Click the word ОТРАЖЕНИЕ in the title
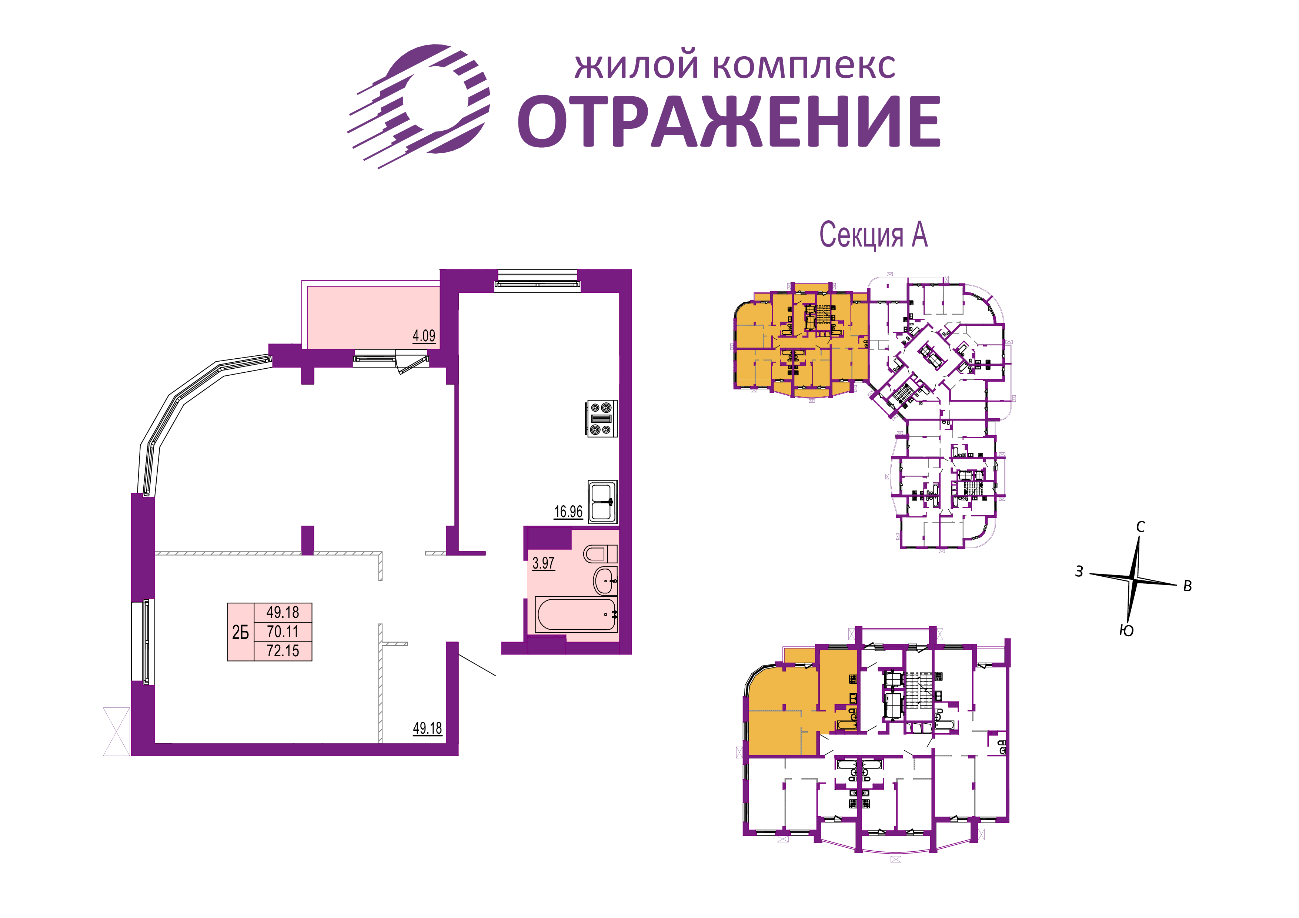pos(729,122)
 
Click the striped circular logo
pos(419,106)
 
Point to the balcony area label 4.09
pos(424,336)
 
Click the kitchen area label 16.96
pos(568,512)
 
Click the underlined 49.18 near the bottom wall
pos(427,728)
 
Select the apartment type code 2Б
pos(240,632)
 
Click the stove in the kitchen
pos(601,419)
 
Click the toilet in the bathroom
pos(600,554)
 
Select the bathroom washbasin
pos(605,581)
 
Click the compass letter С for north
pos(1141,527)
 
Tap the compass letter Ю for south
pos(1126,631)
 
